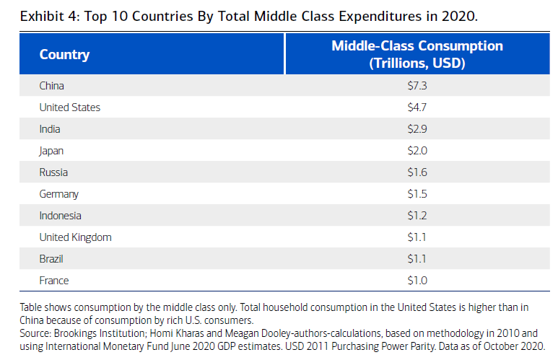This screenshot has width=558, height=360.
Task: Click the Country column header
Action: coord(64,55)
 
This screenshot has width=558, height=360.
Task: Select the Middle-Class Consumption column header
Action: coord(417,54)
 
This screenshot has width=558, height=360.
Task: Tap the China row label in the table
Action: coord(52,86)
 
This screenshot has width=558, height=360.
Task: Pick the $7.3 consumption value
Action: coord(417,86)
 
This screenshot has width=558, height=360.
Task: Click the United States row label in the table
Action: coord(70,107)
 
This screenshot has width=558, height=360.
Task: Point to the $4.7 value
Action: coord(417,107)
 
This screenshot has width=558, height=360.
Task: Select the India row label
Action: coord(51,129)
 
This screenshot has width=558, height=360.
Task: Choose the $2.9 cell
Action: coord(417,129)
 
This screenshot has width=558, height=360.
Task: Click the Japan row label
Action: coord(52,151)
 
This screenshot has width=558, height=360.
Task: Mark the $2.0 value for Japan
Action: coord(417,151)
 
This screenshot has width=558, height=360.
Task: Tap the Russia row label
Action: coord(53,172)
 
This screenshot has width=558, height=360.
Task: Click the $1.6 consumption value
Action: coord(417,172)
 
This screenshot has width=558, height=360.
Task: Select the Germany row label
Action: coord(59,194)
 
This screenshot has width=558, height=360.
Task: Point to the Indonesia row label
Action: coord(61,216)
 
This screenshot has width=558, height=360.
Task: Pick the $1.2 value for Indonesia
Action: coord(417,216)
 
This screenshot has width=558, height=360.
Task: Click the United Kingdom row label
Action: coord(76,237)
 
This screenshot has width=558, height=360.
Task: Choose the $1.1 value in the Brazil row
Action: coord(417,259)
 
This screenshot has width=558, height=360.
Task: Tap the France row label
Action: coord(54,281)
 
